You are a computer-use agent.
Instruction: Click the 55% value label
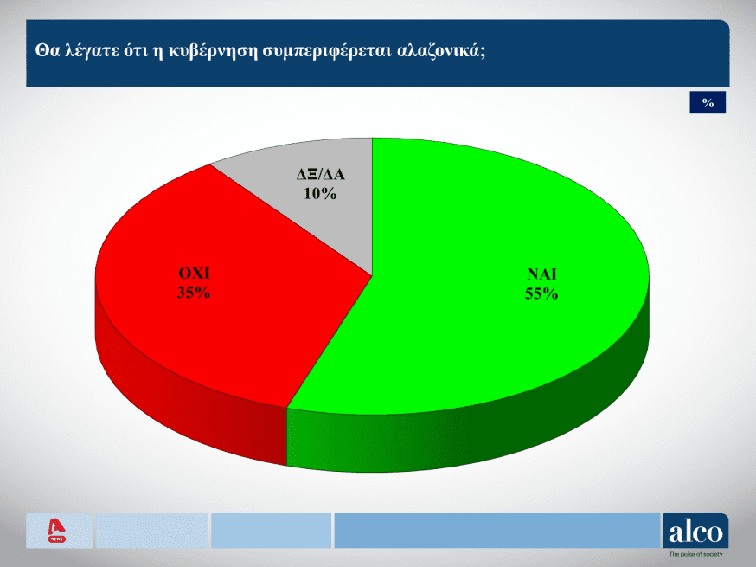click(x=541, y=293)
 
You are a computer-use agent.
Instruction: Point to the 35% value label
click(x=194, y=293)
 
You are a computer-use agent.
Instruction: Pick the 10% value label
click(x=320, y=194)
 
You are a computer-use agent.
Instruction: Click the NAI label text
click(x=541, y=274)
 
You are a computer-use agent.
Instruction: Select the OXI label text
click(x=194, y=274)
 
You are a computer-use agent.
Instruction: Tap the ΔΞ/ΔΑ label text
click(x=321, y=174)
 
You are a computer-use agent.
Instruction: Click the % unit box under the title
click(x=708, y=102)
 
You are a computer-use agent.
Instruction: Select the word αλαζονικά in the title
click(x=440, y=51)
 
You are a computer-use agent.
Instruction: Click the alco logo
click(x=695, y=531)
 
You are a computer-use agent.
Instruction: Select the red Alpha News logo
click(x=57, y=531)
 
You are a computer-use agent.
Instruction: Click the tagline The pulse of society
click(x=695, y=555)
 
